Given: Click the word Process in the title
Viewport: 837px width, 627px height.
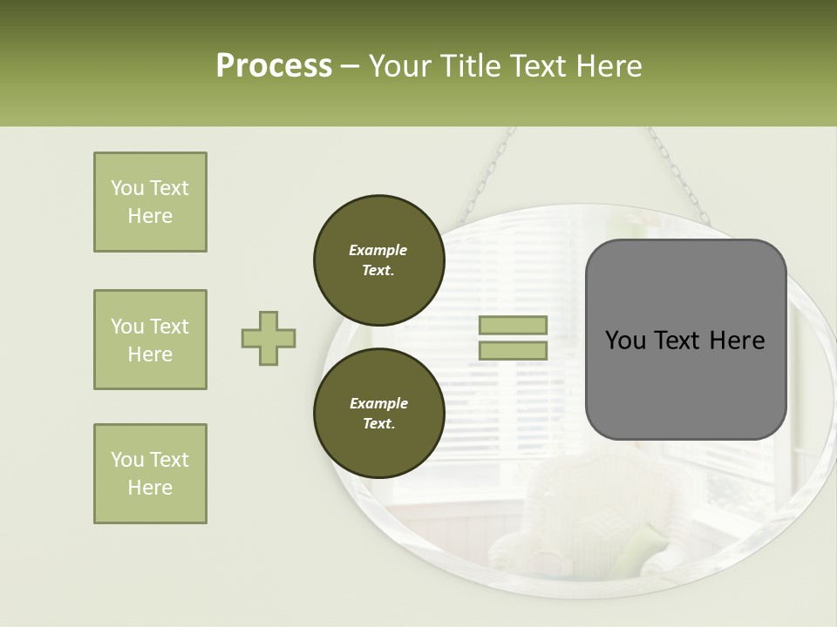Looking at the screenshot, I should tap(274, 66).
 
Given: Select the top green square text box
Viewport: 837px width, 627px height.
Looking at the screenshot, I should tap(150, 202).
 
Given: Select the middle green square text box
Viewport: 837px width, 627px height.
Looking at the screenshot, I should tap(150, 340).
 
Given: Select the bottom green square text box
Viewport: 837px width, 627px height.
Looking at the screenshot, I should tap(150, 474).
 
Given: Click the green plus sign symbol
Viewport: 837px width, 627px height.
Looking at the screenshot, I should tap(269, 338).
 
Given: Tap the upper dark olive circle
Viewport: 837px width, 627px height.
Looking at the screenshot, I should tap(378, 260).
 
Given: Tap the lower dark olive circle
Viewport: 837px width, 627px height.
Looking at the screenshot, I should tap(378, 414).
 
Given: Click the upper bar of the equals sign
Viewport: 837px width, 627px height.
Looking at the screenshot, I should tap(513, 326).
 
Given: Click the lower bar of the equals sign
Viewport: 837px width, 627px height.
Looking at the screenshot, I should tap(513, 351).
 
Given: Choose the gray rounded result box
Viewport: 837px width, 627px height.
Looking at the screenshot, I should tap(685, 340).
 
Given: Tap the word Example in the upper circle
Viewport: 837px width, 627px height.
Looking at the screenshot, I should tap(378, 250).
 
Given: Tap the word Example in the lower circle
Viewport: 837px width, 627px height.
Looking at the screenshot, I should tap(378, 403).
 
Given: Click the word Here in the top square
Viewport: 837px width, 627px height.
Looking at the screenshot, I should tap(150, 216).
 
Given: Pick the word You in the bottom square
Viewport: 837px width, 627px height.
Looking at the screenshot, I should tap(127, 460).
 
